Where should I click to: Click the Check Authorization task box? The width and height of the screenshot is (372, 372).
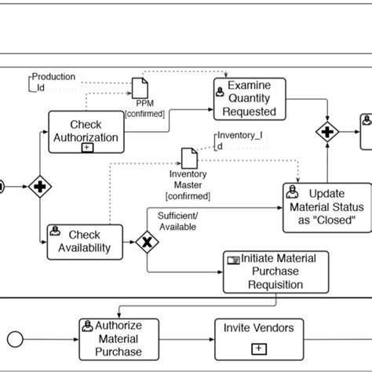[x=86, y=131]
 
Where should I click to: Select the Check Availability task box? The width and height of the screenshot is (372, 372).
[x=85, y=241]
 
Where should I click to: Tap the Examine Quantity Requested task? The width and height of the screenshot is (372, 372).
[x=250, y=100]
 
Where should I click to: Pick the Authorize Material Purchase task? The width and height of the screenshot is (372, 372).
[x=115, y=339]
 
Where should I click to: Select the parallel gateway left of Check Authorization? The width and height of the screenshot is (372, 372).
[x=40, y=187]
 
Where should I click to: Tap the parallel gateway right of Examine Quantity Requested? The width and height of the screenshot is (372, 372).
[x=326, y=129]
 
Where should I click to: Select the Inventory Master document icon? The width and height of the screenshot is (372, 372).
[x=188, y=157]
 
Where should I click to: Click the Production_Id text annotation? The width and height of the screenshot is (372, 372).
[x=53, y=82]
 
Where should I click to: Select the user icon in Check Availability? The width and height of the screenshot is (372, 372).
[x=57, y=232]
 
